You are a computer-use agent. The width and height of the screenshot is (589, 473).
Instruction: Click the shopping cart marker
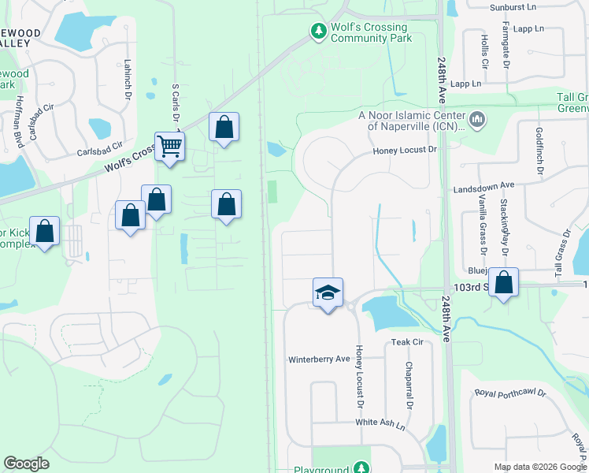coord(169,147)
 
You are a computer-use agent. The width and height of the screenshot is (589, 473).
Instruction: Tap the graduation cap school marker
coord(328,293)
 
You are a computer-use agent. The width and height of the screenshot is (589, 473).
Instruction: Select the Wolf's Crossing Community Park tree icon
coord(318,32)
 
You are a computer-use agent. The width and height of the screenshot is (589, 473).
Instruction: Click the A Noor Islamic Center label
coord(410,120)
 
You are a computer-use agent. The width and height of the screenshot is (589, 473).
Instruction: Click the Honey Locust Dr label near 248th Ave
coord(404,150)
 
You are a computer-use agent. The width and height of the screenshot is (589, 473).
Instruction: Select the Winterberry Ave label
coord(319,359)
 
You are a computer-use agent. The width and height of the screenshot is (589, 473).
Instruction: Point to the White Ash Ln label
coord(380,423)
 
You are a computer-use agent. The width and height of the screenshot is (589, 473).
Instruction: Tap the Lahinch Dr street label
coord(127,79)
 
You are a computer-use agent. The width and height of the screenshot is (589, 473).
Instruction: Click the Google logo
coord(26,464)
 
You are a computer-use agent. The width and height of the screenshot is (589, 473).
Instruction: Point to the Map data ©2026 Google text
coord(539,467)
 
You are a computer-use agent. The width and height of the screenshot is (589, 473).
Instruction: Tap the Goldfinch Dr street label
coord(539,146)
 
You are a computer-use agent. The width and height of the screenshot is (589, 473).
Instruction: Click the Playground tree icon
coord(360,467)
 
